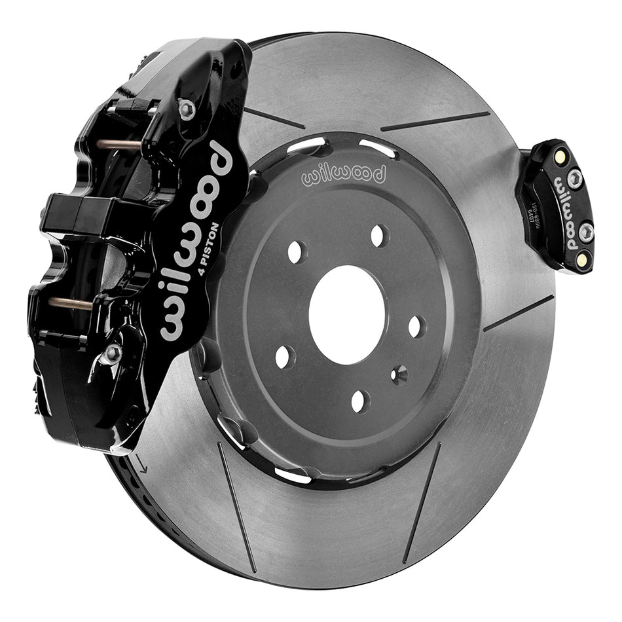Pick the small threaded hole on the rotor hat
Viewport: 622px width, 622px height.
click(399, 374)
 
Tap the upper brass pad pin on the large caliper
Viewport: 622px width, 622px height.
click(118, 143)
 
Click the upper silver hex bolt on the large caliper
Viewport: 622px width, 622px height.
click(187, 109)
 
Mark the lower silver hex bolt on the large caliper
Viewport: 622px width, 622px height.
click(113, 354)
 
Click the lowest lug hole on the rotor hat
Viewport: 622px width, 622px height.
click(360, 401)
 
